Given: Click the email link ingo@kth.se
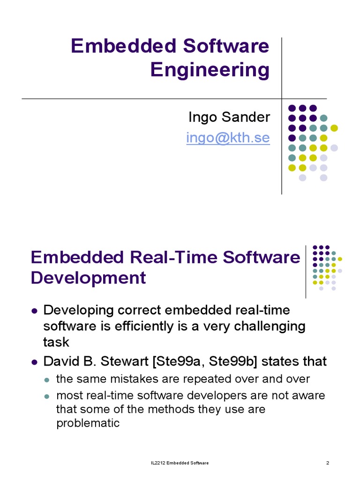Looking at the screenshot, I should click(228, 138).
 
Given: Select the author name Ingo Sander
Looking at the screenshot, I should click(229, 117).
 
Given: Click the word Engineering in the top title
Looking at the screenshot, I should click(210, 70).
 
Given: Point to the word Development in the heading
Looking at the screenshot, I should click(88, 278).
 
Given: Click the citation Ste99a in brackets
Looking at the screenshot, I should click(172, 361).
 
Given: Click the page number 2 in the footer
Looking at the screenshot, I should click(328, 464).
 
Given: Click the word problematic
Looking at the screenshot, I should click(88, 423).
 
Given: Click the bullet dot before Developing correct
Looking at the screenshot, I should click(34, 311).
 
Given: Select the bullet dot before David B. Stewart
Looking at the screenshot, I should click(34, 362).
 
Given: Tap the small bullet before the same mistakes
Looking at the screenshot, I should click(47, 379).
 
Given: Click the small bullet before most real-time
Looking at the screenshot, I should click(47, 396).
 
